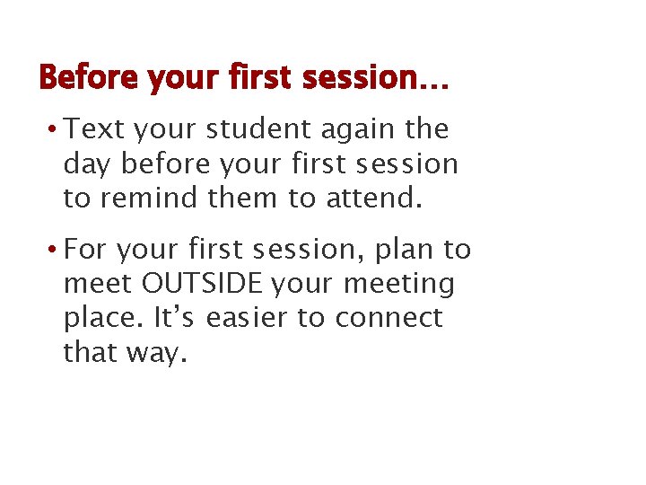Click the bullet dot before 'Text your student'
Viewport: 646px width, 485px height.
click(55, 129)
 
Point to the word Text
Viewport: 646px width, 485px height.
click(95, 129)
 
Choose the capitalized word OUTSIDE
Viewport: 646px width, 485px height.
click(202, 284)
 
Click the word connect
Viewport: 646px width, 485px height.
click(392, 318)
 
